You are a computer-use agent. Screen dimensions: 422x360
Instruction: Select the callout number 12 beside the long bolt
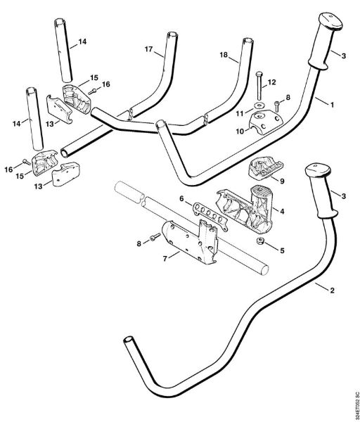(x=271, y=83)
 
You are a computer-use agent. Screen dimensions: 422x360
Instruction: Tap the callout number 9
(x=283, y=180)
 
